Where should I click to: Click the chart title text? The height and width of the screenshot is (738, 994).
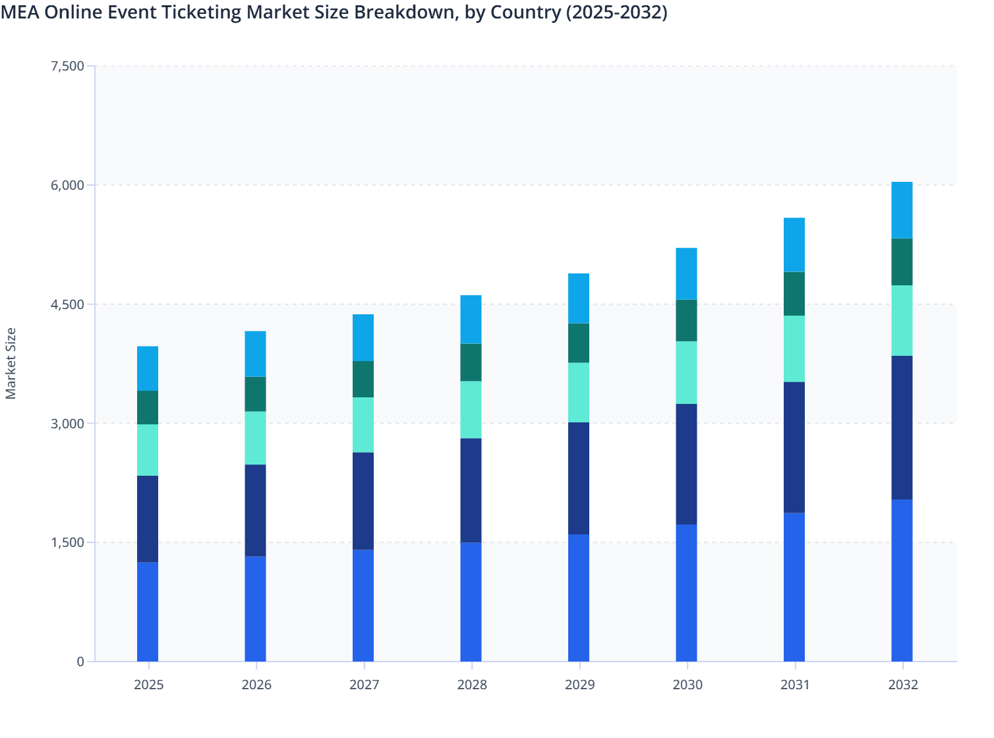click(334, 13)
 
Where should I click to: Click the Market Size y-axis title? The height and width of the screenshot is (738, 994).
click(11, 363)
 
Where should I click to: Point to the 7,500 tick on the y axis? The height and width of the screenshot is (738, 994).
click(67, 66)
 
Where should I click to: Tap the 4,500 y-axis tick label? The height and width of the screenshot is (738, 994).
click(67, 304)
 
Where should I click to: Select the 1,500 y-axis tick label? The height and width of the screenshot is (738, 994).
click(67, 542)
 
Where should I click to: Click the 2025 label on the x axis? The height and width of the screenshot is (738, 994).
click(148, 685)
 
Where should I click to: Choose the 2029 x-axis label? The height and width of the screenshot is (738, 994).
click(579, 685)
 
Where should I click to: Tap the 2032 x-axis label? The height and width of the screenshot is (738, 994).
click(902, 685)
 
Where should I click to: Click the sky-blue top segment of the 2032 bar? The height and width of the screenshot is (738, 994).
click(902, 210)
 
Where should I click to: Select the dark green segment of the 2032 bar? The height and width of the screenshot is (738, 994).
click(902, 262)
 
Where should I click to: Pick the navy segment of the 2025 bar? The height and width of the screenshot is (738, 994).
click(148, 519)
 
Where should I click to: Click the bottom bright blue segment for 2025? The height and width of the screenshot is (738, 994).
click(148, 611)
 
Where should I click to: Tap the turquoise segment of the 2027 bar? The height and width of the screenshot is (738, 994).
click(363, 425)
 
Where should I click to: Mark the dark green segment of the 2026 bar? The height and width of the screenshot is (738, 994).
click(255, 394)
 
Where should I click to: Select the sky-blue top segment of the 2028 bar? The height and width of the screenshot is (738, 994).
click(471, 320)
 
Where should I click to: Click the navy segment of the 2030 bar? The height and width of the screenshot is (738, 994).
click(686, 464)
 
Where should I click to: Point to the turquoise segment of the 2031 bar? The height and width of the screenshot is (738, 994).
click(794, 349)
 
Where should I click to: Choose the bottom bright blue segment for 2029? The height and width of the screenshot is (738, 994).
click(579, 598)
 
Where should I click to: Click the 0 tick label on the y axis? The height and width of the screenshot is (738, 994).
click(80, 662)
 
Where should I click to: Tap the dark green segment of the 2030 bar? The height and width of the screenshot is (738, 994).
click(686, 320)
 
